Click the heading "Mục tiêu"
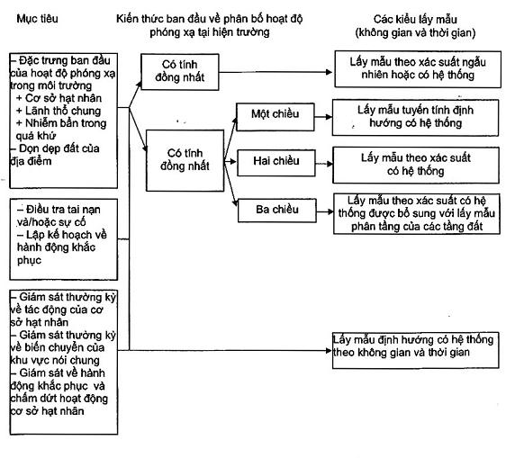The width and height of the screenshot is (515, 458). pyautogui.click(x=37, y=18)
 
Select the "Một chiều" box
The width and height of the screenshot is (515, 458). pyautogui.click(x=276, y=117)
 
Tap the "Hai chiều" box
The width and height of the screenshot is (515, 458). pyautogui.click(x=276, y=163)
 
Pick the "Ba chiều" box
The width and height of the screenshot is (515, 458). pyautogui.click(x=277, y=211)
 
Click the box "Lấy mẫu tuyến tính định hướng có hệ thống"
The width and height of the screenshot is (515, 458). pyautogui.click(x=415, y=118)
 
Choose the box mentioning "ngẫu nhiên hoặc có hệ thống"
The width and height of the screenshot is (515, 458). pyautogui.click(x=418, y=69)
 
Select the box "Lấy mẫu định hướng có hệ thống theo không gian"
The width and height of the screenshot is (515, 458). pyautogui.click(x=415, y=350)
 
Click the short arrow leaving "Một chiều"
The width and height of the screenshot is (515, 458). pyautogui.click(x=323, y=117)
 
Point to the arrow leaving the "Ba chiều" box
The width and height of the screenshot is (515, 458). pyautogui.click(x=325, y=211)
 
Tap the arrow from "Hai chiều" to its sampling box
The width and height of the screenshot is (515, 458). pyautogui.click(x=324, y=164)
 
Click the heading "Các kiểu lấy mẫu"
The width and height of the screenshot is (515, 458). pyautogui.click(x=415, y=19)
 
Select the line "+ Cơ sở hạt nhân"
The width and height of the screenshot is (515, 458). pyautogui.click(x=59, y=98)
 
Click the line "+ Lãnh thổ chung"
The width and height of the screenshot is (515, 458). pyautogui.click(x=59, y=111)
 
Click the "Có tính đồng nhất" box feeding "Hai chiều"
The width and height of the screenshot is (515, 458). pyautogui.click(x=185, y=160)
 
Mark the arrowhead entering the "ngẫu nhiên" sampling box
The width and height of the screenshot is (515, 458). pyautogui.click(x=329, y=72)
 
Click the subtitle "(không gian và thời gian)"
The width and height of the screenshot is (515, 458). pyautogui.click(x=415, y=32)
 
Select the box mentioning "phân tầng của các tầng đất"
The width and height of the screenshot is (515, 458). pyautogui.click(x=417, y=214)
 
